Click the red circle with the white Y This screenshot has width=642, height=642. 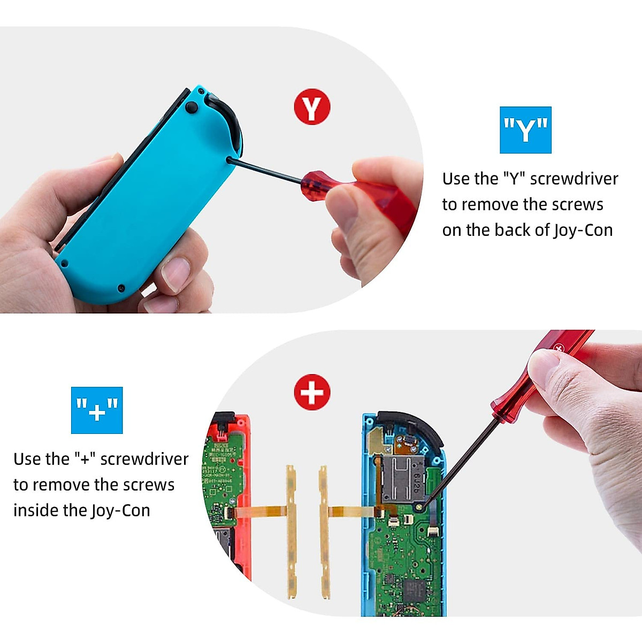pos(312,107)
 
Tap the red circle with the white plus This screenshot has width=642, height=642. pos(312,392)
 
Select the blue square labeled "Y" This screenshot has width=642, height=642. pos(525,130)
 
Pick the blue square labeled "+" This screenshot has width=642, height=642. pos(97,410)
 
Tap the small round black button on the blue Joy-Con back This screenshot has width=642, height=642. pos(191,107)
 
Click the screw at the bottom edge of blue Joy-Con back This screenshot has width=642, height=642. pos(121,288)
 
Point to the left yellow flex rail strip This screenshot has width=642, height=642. pos(292,530)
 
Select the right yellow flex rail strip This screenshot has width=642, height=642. pos(323,530)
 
